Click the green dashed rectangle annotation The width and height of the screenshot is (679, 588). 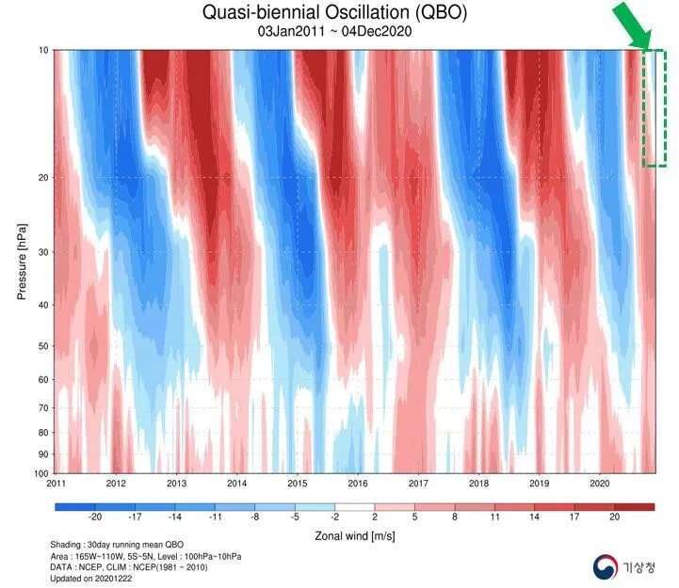(x=655, y=108)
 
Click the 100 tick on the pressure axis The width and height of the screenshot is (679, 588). (x=41, y=472)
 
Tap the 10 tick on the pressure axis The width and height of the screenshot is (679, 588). (x=44, y=49)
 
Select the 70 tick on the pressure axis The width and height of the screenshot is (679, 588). (x=44, y=407)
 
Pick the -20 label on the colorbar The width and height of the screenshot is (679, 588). (x=94, y=518)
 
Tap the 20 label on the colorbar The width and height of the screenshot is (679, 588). (x=615, y=518)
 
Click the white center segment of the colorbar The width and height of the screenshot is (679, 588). (x=354, y=506)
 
